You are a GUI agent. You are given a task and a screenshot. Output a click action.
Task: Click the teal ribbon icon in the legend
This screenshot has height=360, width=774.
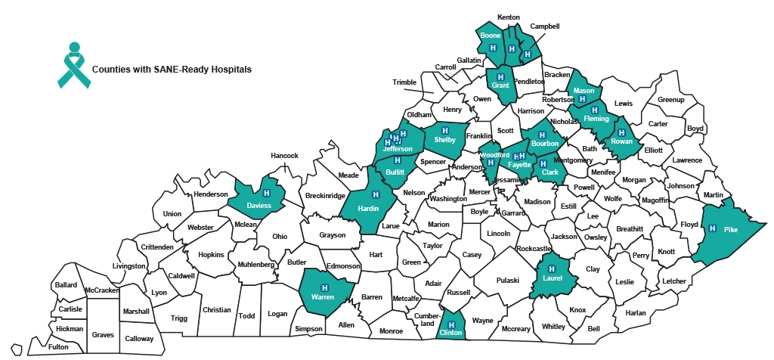click(x=74, y=64)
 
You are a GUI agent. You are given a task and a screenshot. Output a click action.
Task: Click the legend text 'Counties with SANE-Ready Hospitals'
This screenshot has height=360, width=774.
click(x=172, y=69)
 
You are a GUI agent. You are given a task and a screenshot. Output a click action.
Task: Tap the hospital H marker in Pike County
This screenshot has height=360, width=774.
click(x=712, y=228)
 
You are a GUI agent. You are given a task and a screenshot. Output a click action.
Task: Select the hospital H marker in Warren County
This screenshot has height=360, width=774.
click(x=325, y=287)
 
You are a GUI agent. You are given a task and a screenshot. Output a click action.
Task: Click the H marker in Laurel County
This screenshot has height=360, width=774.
click(x=551, y=268)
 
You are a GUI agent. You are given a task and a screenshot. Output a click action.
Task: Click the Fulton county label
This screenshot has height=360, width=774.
click(x=58, y=346)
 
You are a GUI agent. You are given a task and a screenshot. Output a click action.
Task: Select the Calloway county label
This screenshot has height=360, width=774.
click(x=139, y=339)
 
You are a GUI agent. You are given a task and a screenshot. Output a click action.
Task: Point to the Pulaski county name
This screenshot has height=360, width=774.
click(x=508, y=281)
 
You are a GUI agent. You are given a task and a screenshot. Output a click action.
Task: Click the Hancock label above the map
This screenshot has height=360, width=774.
click(x=285, y=156)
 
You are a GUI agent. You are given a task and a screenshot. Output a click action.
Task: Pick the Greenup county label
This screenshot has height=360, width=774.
click(x=670, y=100)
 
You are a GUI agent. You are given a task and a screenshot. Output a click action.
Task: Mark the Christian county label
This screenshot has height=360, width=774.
click(x=217, y=310)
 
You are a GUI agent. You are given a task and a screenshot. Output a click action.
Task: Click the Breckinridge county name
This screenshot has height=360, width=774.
click(x=326, y=196)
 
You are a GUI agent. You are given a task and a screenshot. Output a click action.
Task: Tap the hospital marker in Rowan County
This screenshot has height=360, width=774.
click(x=621, y=132)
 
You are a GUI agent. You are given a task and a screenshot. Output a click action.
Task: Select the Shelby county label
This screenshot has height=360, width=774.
click(x=445, y=140)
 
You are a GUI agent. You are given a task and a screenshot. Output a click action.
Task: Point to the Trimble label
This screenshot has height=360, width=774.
click(x=404, y=82)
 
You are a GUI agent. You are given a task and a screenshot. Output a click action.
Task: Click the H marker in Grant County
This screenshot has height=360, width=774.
click(x=500, y=76)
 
